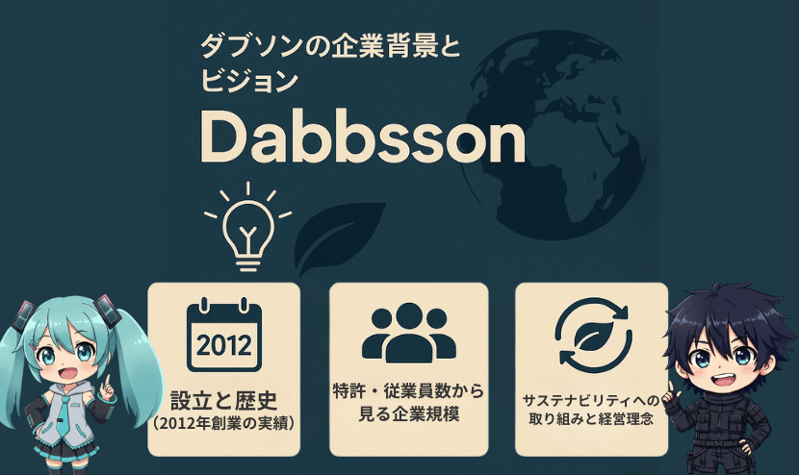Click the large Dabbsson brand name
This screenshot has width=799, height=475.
tap(362, 137)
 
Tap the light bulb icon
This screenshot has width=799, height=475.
tap(248, 227)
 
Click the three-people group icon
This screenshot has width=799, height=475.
tap(409, 333)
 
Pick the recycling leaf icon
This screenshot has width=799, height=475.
tap(594, 336)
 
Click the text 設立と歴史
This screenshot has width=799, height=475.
tap(223, 400)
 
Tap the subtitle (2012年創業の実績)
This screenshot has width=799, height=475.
tap(223, 423)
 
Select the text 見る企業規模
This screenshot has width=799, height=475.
tap(409, 413)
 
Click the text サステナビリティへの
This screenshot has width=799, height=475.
tap(591, 400)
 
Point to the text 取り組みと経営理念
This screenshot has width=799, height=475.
tap(591, 419)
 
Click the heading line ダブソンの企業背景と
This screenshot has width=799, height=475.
tap(330, 46)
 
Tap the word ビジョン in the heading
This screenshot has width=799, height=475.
tap(249, 81)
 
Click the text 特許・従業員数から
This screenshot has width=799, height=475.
tap(409, 391)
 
